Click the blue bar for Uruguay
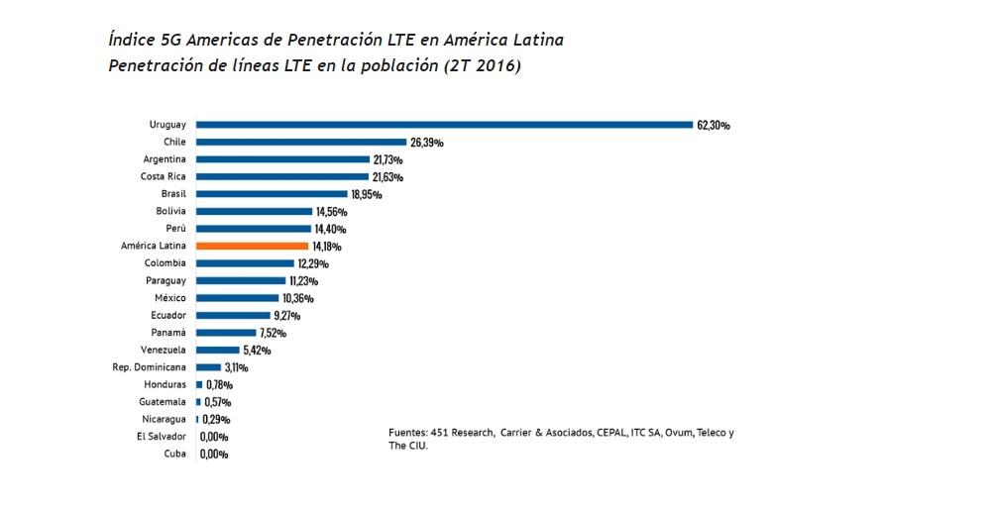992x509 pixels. (444, 125)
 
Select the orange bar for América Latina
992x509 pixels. (253, 246)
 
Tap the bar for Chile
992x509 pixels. (301, 143)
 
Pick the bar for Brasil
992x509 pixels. (272, 194)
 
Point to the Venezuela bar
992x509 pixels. (217, 350)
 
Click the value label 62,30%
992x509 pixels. (714, 126)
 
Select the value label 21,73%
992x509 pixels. (386, 159)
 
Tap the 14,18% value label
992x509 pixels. (329, 247)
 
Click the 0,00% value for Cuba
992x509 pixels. (214, 455)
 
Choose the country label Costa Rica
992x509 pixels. (165, 176)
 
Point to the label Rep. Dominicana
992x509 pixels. (149, 366)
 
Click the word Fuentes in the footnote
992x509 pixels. (407, 433)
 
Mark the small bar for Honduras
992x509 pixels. (199, 384)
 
